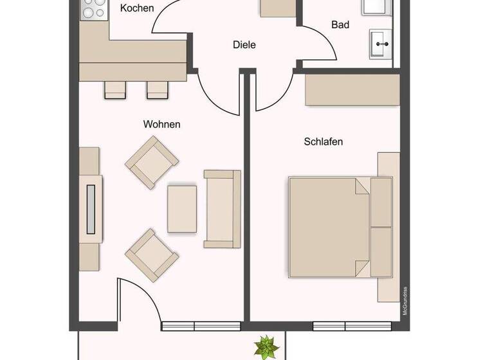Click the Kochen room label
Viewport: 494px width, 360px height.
(137, 8)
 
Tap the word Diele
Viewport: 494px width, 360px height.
(244, 45)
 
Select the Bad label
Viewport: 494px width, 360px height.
(340, 25)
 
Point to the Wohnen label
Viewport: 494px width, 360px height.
(161, 124)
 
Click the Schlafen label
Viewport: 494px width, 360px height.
(323, 141)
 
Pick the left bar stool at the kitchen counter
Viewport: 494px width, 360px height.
(115, 90)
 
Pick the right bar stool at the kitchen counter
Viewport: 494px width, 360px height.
(157, 90)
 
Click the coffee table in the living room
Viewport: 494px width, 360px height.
(183, 208)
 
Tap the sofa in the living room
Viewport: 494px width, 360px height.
(222, 208)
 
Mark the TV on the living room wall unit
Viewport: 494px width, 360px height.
(91, 208)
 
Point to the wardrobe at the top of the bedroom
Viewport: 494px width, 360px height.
(352, 91)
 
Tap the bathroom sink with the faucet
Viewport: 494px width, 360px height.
(381, 44)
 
